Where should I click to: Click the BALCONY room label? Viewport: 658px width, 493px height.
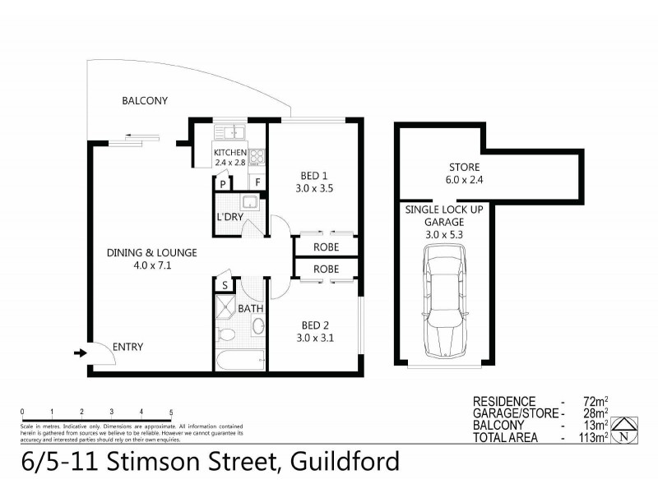point(145,101)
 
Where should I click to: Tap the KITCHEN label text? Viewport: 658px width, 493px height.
point(229,153)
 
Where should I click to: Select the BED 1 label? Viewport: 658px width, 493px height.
point(313,175)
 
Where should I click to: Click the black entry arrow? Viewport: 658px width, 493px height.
point(80,352)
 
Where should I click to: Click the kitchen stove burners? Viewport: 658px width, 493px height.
point(257,154)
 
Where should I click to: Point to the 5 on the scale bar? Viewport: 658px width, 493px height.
point(171,411)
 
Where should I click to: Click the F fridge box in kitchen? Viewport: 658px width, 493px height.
point(257,182)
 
